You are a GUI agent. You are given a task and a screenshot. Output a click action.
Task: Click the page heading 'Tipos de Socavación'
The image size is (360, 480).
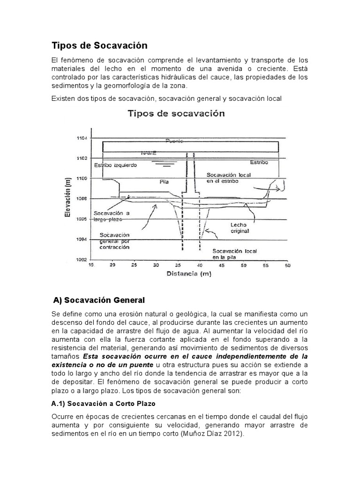(x=99, y=45)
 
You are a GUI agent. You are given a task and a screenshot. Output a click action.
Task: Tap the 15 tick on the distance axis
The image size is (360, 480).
(x=90, y=265)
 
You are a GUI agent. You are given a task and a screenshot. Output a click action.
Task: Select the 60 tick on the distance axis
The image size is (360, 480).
(x=287, y=265)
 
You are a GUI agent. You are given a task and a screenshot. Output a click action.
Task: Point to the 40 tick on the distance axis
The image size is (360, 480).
(x=200, y=265)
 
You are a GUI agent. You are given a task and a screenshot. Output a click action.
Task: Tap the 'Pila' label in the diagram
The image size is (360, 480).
(x=164, y=180)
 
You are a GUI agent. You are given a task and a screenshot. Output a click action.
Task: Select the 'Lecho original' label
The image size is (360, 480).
(x=240, y=228)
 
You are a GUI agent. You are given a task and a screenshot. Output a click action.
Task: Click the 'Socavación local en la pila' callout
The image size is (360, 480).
(x=232, y=254)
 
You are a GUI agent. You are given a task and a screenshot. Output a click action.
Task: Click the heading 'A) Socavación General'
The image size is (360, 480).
(x=100, y=300)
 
